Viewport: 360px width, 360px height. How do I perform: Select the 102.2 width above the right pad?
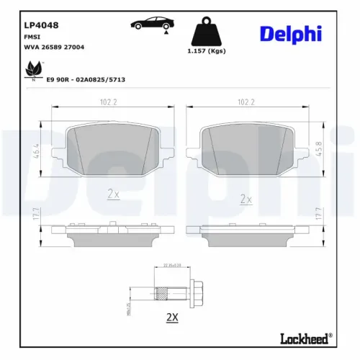click(x=246, y=102)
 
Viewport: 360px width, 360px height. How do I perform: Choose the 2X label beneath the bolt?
click(x=172, y=317)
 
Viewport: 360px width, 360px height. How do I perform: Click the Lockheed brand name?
click(x=305, y=337)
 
